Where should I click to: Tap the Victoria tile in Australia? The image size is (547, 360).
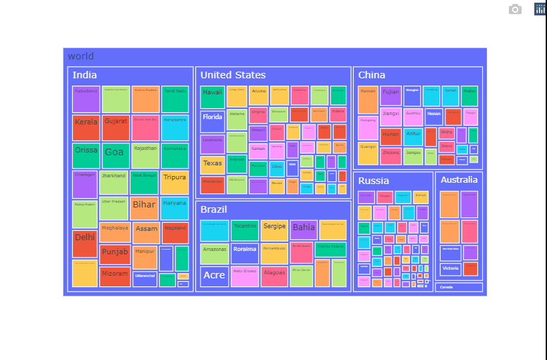[450, 269]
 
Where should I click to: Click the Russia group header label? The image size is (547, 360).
[373, 181]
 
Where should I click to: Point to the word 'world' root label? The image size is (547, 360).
[81, 56]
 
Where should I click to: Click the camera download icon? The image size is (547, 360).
[515, 9]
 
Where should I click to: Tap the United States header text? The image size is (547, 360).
[233, 75]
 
